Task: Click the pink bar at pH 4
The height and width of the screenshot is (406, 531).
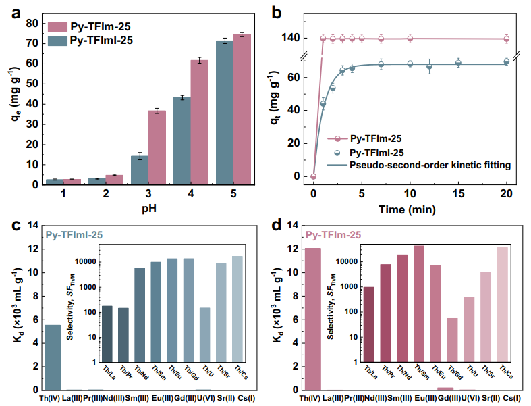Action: coord(199,122)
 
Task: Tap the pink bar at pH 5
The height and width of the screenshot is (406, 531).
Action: coord(242,109)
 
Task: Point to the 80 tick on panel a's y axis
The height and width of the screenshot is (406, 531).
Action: coord(32,22)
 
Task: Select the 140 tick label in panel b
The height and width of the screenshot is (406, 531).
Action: coord(291,39)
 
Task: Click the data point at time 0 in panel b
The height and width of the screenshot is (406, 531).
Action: coord(313,176)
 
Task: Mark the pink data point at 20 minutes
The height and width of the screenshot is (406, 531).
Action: coord(507,39)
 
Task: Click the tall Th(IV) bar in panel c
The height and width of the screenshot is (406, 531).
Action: coord(53,357)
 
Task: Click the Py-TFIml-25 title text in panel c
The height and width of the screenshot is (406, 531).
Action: coord(79,235)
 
